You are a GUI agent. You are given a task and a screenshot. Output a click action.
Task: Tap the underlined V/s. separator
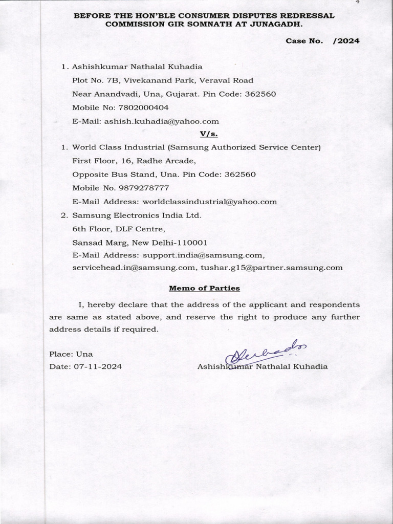(206, 134)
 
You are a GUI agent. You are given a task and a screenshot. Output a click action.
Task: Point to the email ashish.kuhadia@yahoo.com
(161, 121)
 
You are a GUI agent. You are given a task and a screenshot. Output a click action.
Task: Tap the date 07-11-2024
(98, 366)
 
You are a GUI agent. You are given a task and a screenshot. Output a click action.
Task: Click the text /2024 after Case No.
(346, 41)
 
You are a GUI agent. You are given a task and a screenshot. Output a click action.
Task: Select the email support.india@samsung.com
(203, 254)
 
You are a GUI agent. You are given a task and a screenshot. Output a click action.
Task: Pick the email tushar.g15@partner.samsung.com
(272, 267)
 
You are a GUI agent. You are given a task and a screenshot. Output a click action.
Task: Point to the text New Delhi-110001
(170, 241)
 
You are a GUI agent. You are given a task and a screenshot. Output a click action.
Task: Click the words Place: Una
(71, 354)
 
